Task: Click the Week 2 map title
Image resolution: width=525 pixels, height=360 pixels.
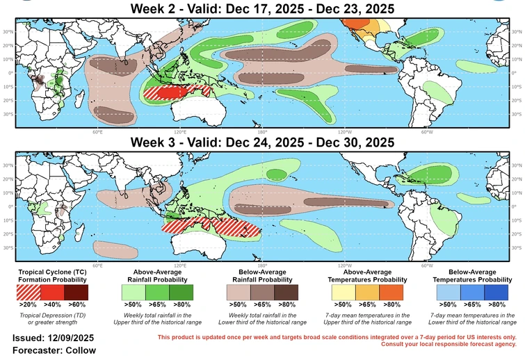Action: click(x=262, y=9)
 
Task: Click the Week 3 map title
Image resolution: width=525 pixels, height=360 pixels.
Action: click(x=262, y=142)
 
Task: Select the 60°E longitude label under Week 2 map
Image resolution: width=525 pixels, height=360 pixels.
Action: click(x=97, y=132)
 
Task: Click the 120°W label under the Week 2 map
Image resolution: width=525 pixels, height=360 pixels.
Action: click(x=345, y=132)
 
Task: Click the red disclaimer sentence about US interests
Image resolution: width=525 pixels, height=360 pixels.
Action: click(x=337, y=338)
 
